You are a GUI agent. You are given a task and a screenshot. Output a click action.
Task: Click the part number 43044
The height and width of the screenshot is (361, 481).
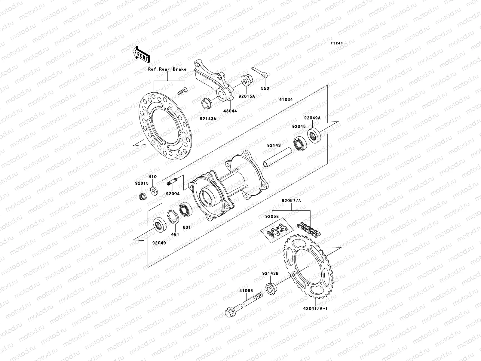click(230, 111)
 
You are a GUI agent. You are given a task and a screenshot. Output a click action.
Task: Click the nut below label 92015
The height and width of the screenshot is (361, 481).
click(141, 197)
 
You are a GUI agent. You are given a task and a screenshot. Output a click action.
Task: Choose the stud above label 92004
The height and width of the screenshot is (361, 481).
click(173, 182)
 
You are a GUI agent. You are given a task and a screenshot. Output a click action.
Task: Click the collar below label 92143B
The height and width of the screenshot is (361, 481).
click(271, 288)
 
